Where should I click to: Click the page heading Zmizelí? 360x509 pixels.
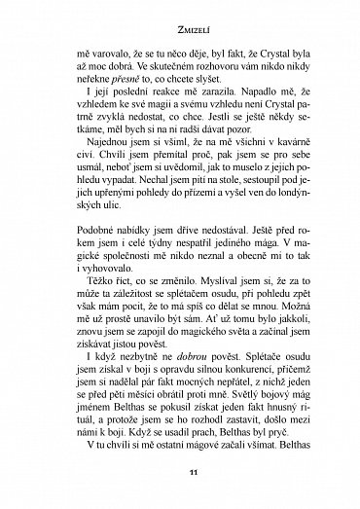click(180, 30)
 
